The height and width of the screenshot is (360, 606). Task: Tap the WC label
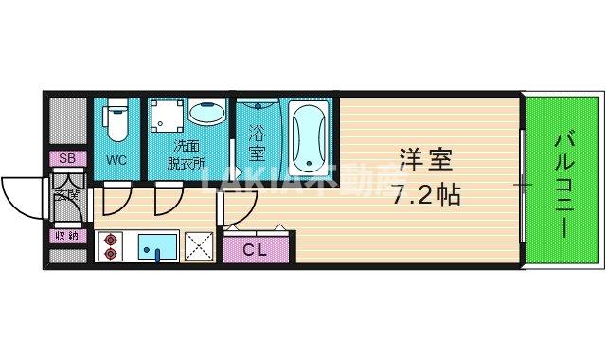point(116,159)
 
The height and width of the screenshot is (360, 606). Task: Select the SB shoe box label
point(66,158)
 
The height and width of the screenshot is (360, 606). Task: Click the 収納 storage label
point(66,236)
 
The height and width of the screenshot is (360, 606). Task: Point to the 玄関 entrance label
point(67,196)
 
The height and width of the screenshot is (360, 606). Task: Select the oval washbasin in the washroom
point(205,114)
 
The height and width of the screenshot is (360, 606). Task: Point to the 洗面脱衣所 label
point(186,154)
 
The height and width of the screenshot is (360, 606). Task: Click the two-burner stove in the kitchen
point(111,245)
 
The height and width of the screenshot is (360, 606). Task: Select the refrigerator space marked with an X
point(200,245)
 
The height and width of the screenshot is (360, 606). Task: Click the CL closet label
point(253,250)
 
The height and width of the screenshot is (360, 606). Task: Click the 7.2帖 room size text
point(425,196)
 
